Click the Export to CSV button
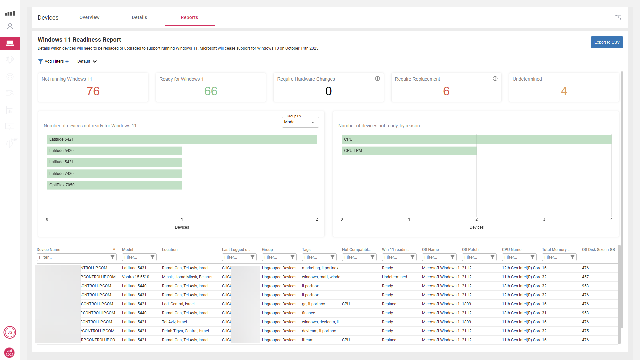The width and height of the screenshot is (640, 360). [x=607, y=42]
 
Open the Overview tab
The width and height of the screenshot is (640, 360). [x=89, y=17]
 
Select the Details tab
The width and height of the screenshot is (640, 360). [x=139, y=17]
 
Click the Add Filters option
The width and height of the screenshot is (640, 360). [x=54, y=61]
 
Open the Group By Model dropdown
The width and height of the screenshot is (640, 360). [x=300, y=122]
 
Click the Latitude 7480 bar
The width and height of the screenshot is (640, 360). [x=114, y=174]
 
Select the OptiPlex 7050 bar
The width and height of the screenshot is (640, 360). [x=114, y=185]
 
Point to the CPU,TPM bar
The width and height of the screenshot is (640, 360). [x=409, y=151]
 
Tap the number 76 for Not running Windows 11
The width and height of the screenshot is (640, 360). [x=93, y=91]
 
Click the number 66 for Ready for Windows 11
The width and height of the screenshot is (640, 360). [x=211, y=91]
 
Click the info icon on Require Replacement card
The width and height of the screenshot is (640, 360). [x=495, y=79]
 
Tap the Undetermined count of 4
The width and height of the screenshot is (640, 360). [x=564, y=91]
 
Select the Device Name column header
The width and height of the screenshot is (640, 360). [x=49, y=250]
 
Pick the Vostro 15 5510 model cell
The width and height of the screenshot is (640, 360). [x=135, y=277]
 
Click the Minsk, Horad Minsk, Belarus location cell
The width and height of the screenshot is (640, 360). [x=187, y=277]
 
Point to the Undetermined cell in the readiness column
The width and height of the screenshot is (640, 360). [x=394, y=277]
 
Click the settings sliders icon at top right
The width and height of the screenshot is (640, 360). [x=618, y=17]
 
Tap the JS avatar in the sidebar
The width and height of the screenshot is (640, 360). [x=10, y=332]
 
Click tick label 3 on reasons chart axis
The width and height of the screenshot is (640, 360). [x=544, y=219]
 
